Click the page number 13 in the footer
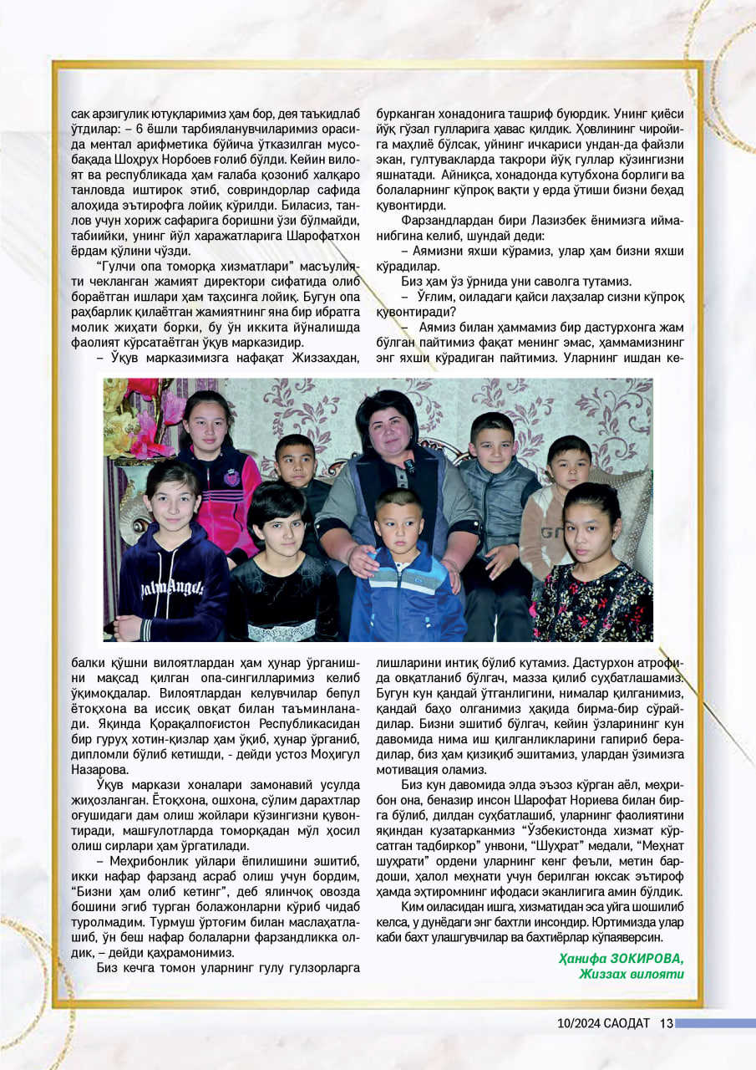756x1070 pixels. tap(666, 1023)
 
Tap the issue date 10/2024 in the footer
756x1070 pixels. tap(578, 1023)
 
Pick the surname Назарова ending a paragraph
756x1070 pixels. tap(100, 769)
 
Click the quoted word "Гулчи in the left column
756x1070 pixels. tap(117, 264)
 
